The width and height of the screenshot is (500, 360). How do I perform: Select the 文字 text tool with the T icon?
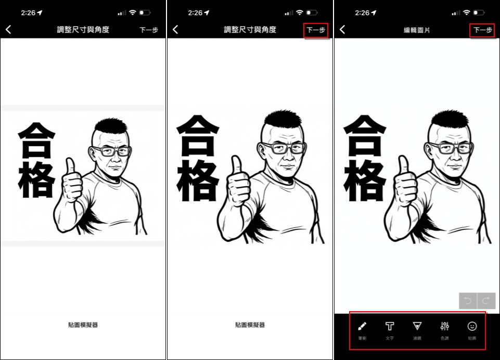click(x=390, y=326)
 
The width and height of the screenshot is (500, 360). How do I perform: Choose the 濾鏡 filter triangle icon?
click(x=417, y=326)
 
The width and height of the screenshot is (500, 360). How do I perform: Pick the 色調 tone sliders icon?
click(x=444, y=326)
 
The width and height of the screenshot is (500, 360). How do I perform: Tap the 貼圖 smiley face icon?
click(x=472, y=326)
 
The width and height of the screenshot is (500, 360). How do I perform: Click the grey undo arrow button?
click(x=468, y=301)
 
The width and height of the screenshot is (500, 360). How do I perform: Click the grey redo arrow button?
click(x=486, y=301)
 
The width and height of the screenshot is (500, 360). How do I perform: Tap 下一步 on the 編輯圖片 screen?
click(x=482, y=30)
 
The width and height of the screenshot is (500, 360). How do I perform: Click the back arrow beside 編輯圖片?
click(x=342, y=30)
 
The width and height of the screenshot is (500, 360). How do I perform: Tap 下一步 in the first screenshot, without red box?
click(x=149, y=30)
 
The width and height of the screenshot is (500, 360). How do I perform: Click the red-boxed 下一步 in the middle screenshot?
click(x=316, y=30)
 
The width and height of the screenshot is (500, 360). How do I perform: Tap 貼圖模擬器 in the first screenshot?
click(x=83, y=325)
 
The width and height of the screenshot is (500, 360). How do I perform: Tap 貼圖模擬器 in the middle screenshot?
click(x=250, y=325)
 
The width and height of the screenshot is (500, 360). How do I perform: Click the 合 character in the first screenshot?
click(x=36, y=140)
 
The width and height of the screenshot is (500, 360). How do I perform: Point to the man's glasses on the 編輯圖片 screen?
click(x=450, y=148)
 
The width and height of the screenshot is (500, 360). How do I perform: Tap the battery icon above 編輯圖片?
click(x=479, y=12)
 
